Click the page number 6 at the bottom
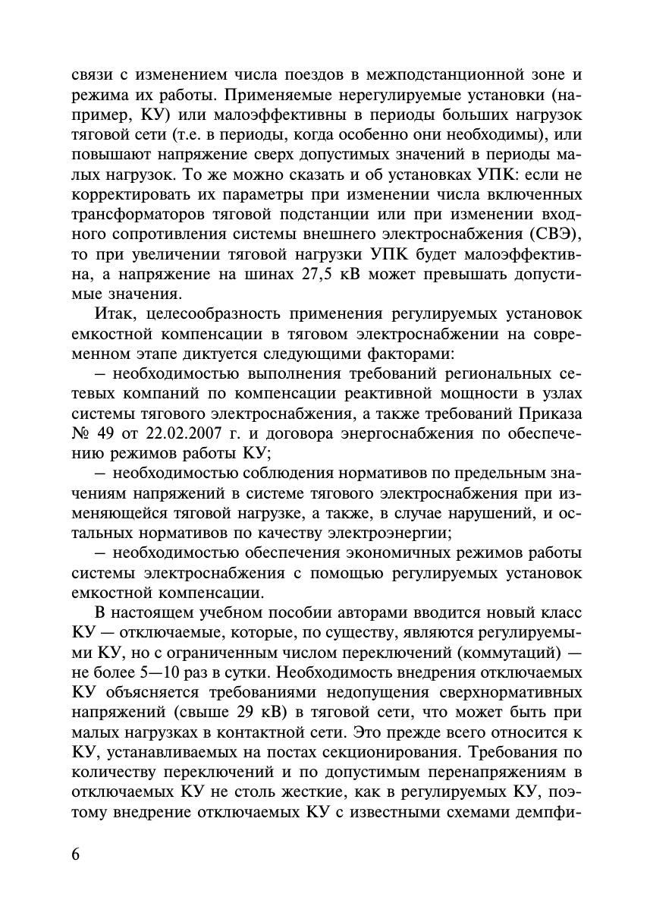(x=76, y=853)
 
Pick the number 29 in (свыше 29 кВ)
(x=234, y=713)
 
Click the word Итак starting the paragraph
(x=113, y=313)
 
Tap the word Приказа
(x=549, y=414)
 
